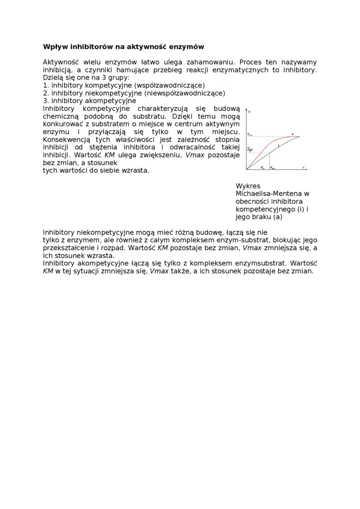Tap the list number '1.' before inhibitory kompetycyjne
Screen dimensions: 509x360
46,85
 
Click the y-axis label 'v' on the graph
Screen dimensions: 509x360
249,111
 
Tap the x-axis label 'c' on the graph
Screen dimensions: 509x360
303,167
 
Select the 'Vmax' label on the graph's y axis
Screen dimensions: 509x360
250,135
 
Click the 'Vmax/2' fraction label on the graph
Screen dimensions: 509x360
250,150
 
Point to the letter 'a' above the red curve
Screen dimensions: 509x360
292,134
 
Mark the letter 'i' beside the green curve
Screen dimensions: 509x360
279,145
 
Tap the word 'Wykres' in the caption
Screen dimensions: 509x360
248,186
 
